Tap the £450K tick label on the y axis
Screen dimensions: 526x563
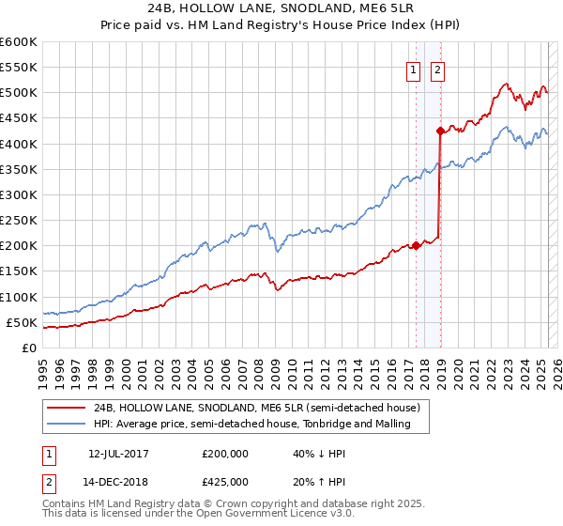point(18,119)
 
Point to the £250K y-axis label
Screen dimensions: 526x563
point(18,221)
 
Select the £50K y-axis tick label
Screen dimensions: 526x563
point(22,323)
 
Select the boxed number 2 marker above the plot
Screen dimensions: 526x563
point(438,68)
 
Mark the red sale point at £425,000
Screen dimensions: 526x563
point(440,131)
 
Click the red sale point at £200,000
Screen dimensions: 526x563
point(416,246)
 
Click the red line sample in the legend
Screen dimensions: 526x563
point(67,409)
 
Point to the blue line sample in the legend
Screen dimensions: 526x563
point(67,425)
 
